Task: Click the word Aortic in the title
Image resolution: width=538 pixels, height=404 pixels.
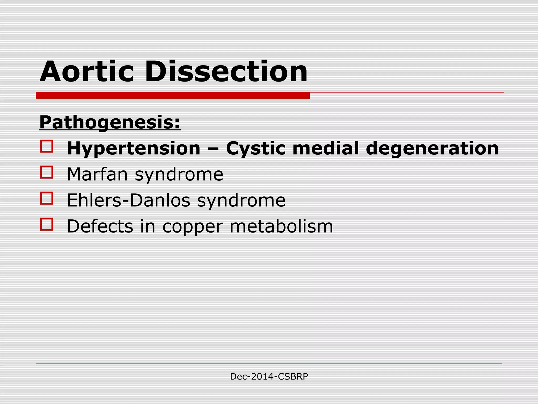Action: click(87, 72)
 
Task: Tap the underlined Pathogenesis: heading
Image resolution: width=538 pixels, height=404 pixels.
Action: click(110, 123)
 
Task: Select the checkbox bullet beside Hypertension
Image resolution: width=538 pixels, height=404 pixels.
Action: click(47, 146)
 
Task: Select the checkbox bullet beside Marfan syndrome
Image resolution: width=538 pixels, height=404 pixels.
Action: click(47, 172)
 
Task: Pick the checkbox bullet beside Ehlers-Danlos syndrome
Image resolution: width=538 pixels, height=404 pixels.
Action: click(47, 198)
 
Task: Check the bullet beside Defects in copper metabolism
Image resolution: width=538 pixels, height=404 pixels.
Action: click(47, 224)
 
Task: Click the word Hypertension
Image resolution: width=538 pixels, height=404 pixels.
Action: click(133, 149)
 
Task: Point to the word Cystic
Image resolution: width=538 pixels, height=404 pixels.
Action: click(256, 149)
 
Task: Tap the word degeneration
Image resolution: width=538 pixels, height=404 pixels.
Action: click(432, 149)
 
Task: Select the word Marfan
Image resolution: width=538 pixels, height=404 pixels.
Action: click(97, 174)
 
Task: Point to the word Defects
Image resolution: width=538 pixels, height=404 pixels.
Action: click(100, 226)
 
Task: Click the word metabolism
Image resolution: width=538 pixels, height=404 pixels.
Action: click(281, 226)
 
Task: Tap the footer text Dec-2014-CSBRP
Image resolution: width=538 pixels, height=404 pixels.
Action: click(269, 377)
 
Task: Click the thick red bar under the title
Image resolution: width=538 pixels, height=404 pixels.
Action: click(173, 95)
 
